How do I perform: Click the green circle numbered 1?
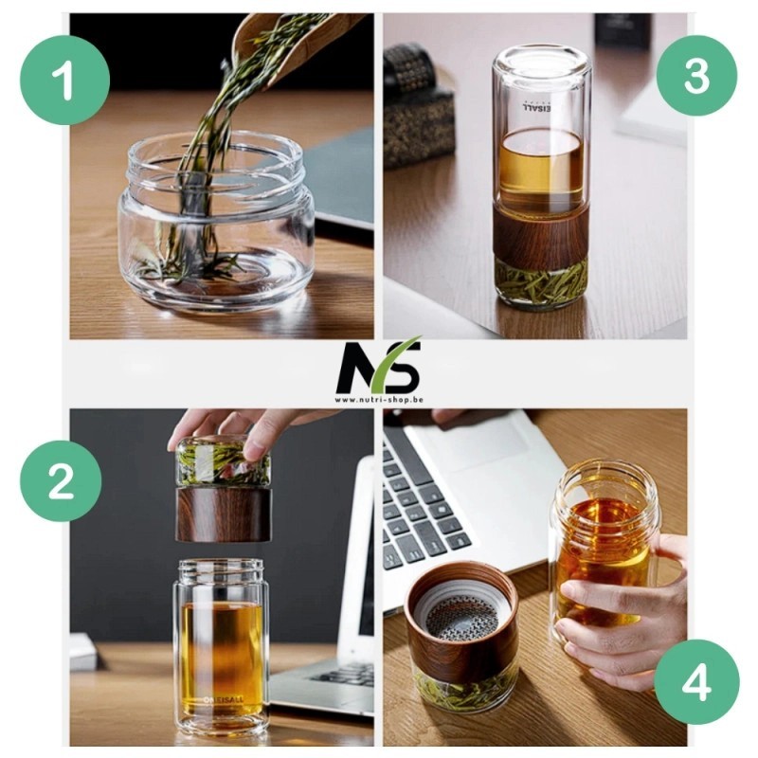(x=65, y=81)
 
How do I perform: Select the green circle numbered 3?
(x=696, y=76)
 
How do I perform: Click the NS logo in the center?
(x=378, y=366)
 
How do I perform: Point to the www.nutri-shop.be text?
(x=378, y=400)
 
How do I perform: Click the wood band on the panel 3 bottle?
(x=542, y=233)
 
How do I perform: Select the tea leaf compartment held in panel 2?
(x=224, y=464)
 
